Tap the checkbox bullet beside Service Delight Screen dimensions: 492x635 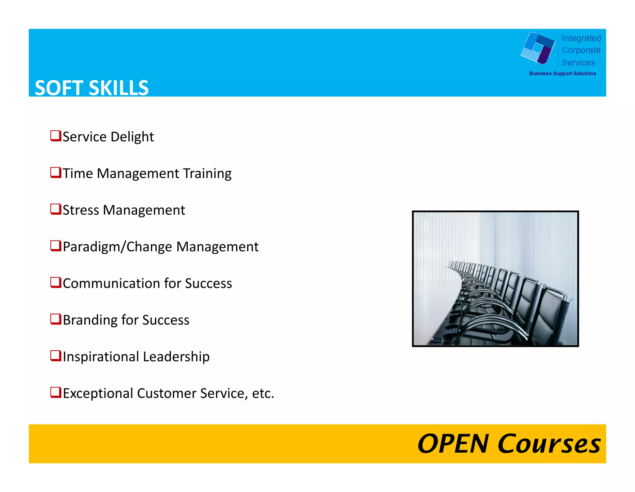click(x=56, y=136)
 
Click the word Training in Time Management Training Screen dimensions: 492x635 click(x=207, y=174)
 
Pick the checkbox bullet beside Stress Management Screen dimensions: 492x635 click(x=56, y=209)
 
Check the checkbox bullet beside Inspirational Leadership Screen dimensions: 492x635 click(x=56, y=356)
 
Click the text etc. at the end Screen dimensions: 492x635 click(x=263, y=394)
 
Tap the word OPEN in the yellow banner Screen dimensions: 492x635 click(x=453, y=444)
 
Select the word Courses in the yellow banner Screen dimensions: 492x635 click(x=549, y=444)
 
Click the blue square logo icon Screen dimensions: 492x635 click(x=538, y=48)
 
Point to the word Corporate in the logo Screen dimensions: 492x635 click(x=581, y=50)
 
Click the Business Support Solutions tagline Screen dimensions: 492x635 click(x=562, y=74)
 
